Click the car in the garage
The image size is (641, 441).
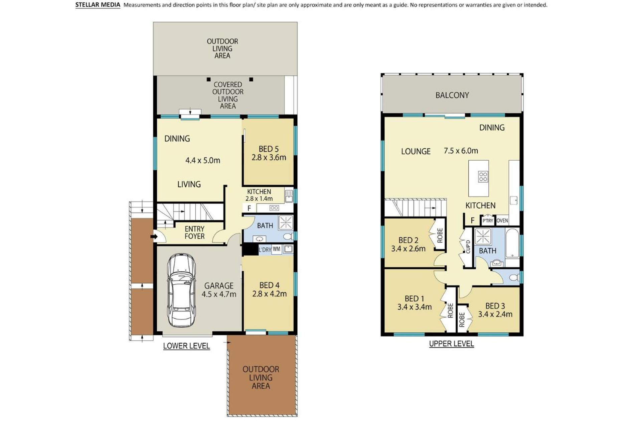click(x=181, y=290)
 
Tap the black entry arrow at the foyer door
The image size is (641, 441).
click(x=154, y=237)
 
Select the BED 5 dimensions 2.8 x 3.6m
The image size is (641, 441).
click(x=269, y=157)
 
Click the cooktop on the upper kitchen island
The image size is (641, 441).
click(x=483, y=176)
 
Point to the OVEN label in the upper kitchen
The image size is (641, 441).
click(x=502, y=220)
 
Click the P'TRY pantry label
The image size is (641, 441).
click(x=488, y=220)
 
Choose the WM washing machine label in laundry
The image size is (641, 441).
click(x=276, y=249)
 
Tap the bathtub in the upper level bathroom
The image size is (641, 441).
click(x=512, y=243)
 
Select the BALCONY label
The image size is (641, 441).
click(x=452, y=95)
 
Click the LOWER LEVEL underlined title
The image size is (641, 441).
click(x=186, y=346)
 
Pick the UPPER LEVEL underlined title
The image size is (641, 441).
click(x=451, y=344)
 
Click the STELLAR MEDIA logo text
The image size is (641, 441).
click(x=98, y=5)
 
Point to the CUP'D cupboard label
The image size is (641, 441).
click(x=468, y=247)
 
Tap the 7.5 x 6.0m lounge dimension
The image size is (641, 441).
click(x=461, y=151)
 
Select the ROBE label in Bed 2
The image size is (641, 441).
click(x=440, y=235)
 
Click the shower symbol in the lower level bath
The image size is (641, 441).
click(x=286, y=222)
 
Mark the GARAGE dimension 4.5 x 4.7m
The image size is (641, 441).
click(x=219, y=294)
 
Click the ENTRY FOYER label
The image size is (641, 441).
click(x=194, y=233)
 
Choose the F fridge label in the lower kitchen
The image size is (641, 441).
click(x=249, y=208)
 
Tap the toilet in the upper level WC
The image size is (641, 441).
click(x=515, y=277)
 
